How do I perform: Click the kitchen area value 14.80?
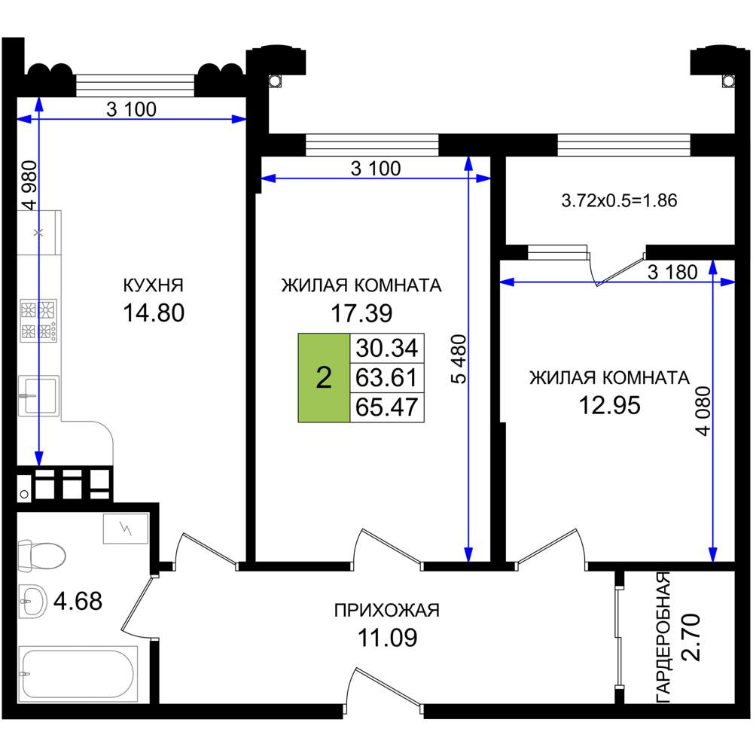(154, 312)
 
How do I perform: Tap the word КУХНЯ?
(153, 285)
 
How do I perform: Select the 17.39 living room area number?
(361, 313)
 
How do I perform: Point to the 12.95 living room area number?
(609, 405)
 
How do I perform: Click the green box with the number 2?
(324, 377)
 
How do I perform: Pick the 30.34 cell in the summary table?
(387, 348)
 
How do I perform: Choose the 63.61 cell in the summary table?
(387, 377)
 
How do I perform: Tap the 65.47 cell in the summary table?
(387, 407)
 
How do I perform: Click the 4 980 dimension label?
(30, 185)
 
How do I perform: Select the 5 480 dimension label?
(459, 359)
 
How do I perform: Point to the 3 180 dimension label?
(672, 273)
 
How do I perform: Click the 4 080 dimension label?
(703, 411)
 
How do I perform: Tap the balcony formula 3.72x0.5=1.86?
(620, 200)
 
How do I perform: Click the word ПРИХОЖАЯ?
(387, 611)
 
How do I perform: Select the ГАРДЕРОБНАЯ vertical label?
(663, 638)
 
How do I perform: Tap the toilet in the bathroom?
(41, 556)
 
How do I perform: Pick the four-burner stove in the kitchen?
(38, 321)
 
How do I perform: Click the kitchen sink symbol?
(39, 396)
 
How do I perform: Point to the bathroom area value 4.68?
(78, 601)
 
